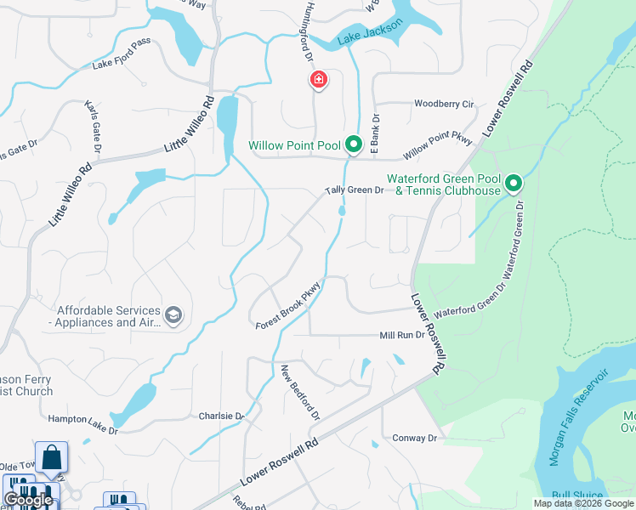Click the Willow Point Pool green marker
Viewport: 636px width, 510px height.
coord(355,145)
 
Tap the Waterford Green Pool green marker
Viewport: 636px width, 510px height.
coord(514,184)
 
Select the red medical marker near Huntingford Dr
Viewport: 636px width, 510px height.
coord(319,81)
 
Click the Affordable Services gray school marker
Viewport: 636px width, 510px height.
coord(174,316)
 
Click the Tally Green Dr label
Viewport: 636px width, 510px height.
coord(355,190)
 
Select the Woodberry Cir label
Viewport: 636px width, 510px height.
coord(443,104)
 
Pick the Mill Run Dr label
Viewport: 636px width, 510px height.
coord(401,335)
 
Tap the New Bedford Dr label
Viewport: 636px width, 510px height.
coord(300,394)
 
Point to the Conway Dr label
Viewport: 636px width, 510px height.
coord(414,438)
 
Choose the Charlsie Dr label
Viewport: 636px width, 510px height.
coord(221,416)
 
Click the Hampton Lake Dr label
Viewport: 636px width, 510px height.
coord(82,424)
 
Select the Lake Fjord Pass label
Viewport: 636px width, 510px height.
coord(121,57)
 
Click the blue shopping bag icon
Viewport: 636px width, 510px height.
coord(51,457)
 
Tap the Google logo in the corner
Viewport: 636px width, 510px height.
coord(28,500)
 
